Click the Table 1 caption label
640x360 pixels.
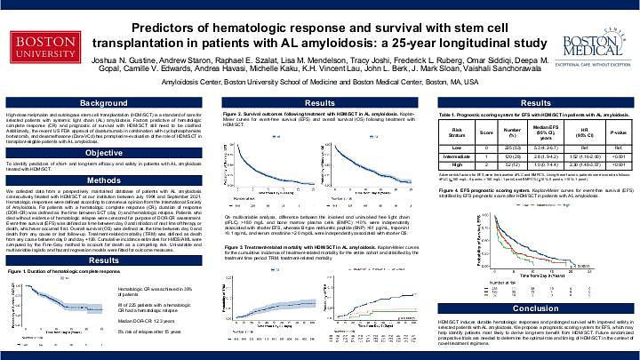452,117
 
